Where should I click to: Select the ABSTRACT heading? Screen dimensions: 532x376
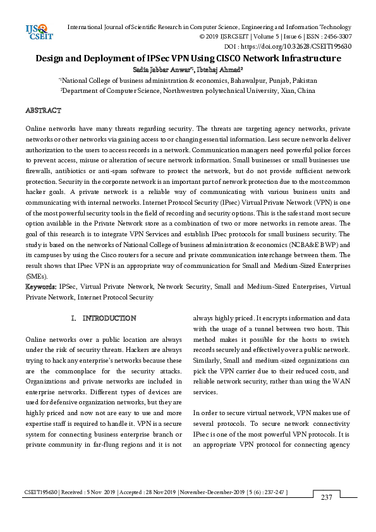tap(43, 111)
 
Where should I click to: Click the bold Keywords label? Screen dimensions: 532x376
tap(41, 286)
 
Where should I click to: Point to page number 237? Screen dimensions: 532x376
tap(326, 498)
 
